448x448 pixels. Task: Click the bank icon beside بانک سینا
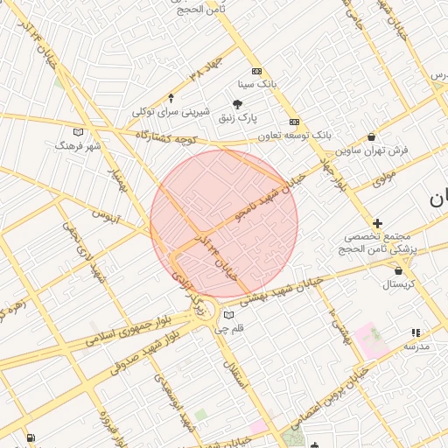(x=255, y=72)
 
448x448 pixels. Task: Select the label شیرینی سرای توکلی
(x=171, y=111)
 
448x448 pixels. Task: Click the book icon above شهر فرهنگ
(x=79, y=132)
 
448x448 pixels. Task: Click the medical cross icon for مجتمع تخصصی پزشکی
(x=377, y=224)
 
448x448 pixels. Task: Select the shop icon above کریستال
(x=398, y=271)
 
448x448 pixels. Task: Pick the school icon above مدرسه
(x=416, y=333)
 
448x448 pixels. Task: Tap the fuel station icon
(x=31, y=437)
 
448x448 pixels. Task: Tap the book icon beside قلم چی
(x=229, y=315)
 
